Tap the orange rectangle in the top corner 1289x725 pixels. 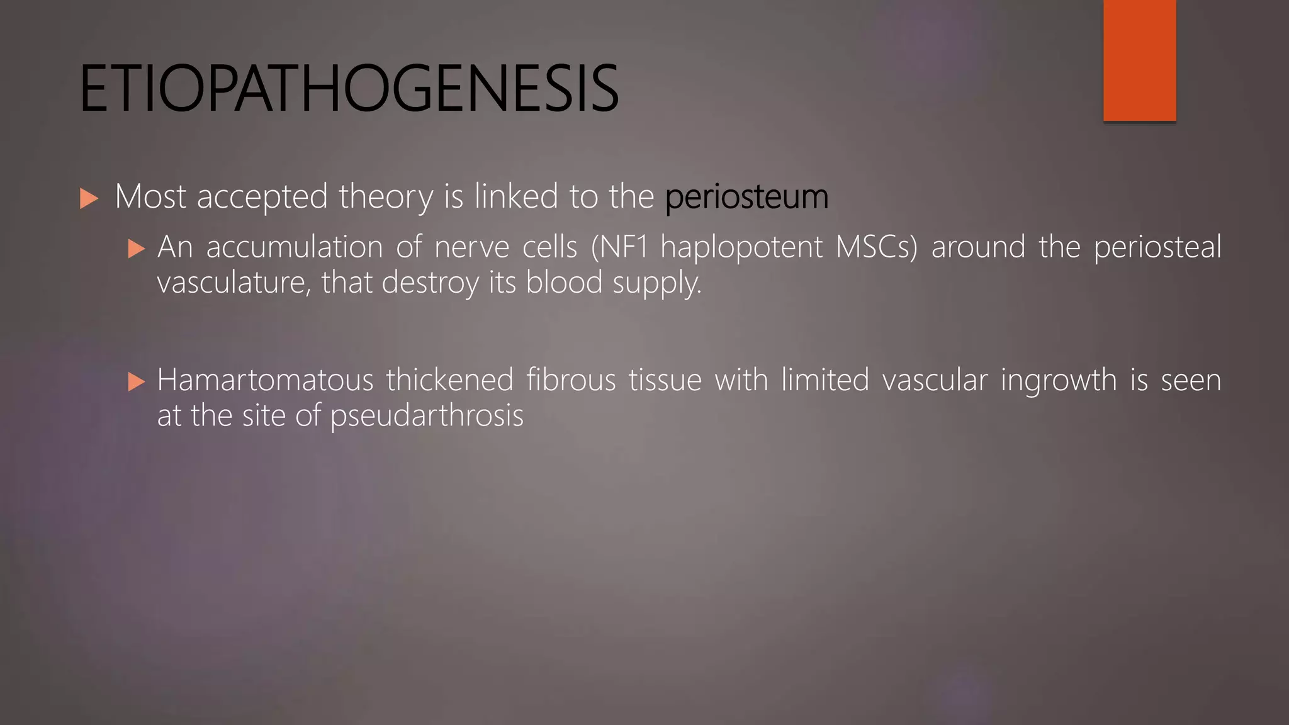1139,60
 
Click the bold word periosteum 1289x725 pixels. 746,196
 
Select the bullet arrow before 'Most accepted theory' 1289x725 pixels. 89,199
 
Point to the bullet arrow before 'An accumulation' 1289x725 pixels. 136,249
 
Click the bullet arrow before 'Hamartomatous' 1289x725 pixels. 136,382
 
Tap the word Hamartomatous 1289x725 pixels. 265,380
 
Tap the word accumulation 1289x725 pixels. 295,247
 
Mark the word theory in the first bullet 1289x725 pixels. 386,198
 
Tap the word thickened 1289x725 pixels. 450,380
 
